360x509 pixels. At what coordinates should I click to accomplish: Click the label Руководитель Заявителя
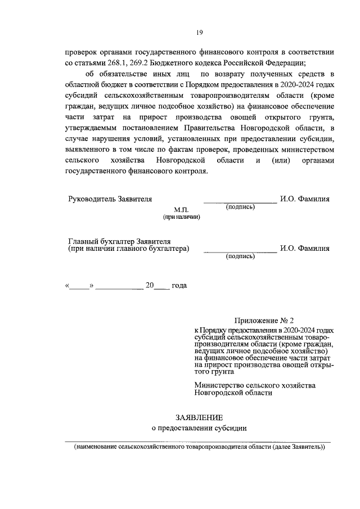click(x=110, y=199)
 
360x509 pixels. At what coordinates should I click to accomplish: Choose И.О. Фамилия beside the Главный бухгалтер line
click(x=304, y=248)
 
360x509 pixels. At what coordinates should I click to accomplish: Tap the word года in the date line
click(x=179, y=285)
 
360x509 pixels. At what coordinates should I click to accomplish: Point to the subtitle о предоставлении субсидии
click(x=199, y=429)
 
